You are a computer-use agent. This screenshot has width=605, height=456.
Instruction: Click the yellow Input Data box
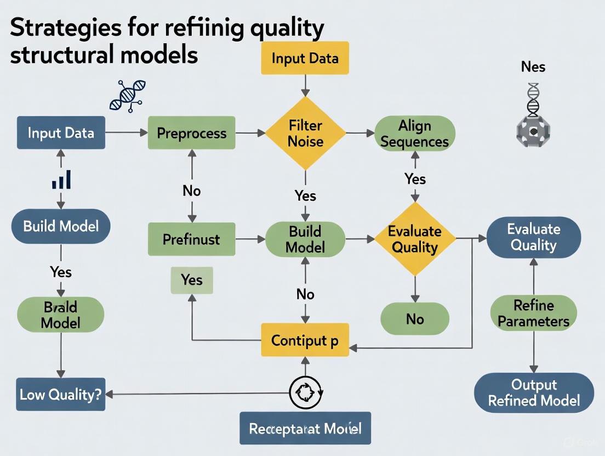[305, 59]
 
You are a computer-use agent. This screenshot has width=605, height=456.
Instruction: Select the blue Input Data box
[61, 133]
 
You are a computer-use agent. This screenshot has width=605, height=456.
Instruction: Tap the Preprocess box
[192, 133]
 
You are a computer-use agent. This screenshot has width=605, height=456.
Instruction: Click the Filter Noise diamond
[306, 133]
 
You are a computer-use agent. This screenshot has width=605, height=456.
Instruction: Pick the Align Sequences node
[414, 134]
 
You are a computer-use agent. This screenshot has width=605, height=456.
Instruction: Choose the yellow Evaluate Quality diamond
[415, 239]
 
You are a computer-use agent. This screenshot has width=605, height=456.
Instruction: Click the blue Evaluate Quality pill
[533, 237]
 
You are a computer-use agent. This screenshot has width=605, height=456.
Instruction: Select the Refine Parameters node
[533, 313]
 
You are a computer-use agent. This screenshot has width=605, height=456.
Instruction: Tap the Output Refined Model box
[533, 392]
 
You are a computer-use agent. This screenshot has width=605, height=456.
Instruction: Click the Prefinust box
[192, 240]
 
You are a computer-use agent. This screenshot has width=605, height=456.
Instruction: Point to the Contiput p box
[305, 340]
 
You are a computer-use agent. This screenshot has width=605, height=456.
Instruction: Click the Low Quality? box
[61, 394]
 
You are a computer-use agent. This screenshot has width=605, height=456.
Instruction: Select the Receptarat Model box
[305, 428]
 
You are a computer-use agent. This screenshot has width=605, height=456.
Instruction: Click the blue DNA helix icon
[128, 96]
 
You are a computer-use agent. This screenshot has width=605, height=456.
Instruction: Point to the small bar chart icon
[61, 179]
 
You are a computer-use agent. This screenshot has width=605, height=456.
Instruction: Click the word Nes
[533, 67]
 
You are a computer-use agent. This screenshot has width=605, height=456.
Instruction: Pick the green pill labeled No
[415, 318]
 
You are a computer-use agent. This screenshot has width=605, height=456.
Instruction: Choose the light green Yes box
[192, 280]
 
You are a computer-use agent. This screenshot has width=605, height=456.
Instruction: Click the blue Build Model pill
[61, 225]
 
